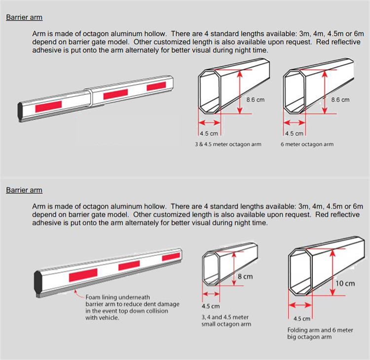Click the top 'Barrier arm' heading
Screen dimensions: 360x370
(24, 17)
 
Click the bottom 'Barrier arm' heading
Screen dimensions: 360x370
(24, 190)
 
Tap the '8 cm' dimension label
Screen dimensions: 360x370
(245, 277)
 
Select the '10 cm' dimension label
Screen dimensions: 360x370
(345, 283)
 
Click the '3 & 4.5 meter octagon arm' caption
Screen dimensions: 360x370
(228, 144)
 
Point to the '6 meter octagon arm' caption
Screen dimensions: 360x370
(307, 144)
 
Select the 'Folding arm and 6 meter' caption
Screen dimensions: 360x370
(320, 330)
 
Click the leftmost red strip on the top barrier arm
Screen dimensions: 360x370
(48, 105)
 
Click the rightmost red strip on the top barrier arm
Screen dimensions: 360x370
(156, 86)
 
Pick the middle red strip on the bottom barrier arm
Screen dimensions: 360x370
(129, 266)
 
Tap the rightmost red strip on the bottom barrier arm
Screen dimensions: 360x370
(171, 256)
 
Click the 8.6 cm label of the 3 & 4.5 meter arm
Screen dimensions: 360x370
(255, 100)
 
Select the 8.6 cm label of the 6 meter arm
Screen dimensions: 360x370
(340, 100)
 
